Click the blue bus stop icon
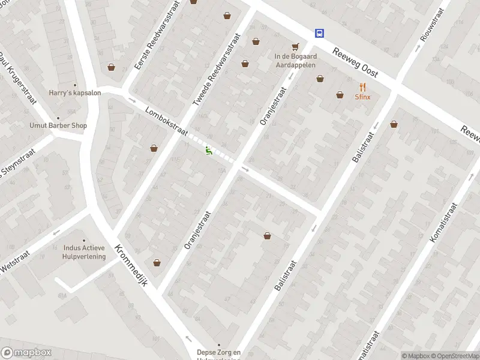pos(320,34)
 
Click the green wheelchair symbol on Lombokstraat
pos(209,151)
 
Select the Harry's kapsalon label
pos(75,93)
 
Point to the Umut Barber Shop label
pos(58,125)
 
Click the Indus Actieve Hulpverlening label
pos(84,252)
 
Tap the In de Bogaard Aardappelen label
pos(295,61)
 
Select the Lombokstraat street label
pos(166,121)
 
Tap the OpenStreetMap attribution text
pos(454,356)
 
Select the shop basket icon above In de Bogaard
pos(295,46)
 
